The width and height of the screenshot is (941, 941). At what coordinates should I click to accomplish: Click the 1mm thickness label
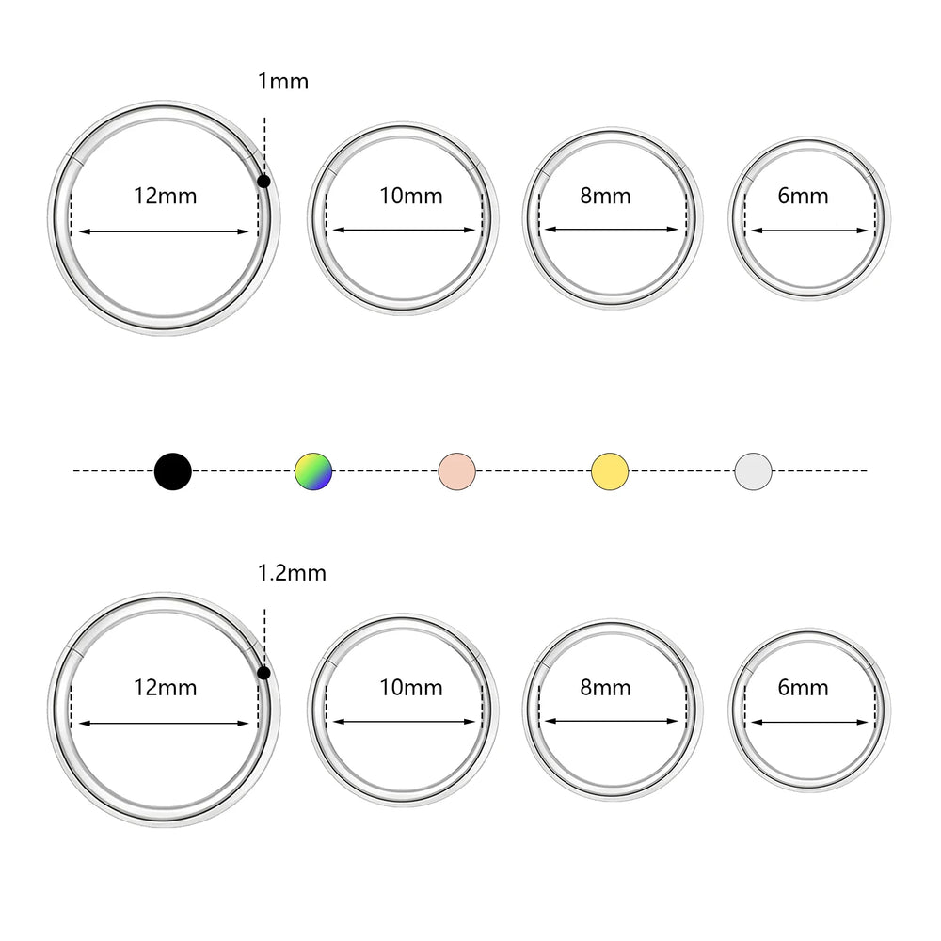[282, 81]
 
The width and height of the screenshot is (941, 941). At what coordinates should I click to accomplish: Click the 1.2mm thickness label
[292, 573]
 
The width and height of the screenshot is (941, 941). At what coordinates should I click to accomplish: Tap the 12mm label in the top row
[165, 197]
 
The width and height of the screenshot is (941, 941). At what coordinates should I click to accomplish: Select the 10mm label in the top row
[411, 197]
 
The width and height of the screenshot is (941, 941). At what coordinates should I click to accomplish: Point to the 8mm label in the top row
[605, 197]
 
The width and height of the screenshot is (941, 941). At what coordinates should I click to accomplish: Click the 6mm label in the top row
[803, 197]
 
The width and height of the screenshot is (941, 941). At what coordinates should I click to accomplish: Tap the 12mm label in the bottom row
[165, 688]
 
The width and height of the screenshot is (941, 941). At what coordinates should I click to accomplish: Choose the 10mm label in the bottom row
[411, 688]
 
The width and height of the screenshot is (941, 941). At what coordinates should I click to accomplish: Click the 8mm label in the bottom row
[605, 688]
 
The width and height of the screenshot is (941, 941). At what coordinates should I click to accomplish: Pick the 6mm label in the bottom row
[803, 688]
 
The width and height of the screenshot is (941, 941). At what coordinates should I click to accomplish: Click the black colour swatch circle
[173, 471]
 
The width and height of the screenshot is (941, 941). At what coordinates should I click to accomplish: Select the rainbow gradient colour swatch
[313, 471]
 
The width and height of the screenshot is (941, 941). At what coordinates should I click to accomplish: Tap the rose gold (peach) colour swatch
[457, 471]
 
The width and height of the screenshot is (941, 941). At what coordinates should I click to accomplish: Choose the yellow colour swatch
[610, 471]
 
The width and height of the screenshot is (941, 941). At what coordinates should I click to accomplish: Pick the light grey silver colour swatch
[753, 471]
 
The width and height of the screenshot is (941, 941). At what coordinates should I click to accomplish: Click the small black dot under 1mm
[263, 182]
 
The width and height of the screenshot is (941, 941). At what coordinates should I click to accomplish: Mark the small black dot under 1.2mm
[263, 673]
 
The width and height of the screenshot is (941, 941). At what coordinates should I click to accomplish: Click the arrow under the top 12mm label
[164, 231]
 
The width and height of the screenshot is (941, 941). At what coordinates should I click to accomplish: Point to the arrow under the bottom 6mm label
[809, 722]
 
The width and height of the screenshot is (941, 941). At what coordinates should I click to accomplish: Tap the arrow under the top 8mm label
[612, 230]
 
